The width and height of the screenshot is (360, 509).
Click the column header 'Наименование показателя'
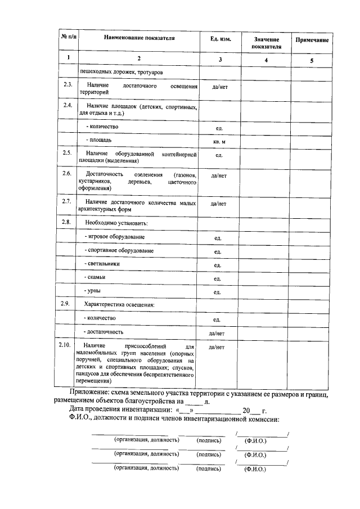click(x=139, y=38)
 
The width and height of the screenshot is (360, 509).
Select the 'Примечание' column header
click(x=312, y=42)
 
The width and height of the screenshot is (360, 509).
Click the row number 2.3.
click(x=67, y=85)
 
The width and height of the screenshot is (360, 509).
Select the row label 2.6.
click(x=67, y=174)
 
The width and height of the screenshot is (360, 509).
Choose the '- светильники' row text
click(x=102, y=264)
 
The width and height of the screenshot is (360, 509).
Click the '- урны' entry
click(x=93, y=291)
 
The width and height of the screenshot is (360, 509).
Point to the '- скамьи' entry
click(x=96, y=277)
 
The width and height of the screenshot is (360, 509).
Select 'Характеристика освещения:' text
click(x=119, y=305)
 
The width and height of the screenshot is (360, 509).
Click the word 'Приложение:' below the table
click(x=94, y=392)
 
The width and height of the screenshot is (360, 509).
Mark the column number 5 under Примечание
click(x=312, y=59)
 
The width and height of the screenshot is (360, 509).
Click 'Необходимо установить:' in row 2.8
click(x=116, y=223)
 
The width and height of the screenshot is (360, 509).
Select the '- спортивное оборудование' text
click(x=119, y=250)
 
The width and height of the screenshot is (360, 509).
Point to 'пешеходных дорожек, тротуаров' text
click(x=125, y=72)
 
